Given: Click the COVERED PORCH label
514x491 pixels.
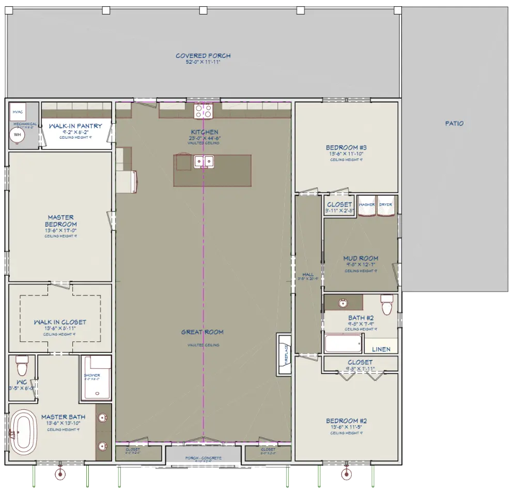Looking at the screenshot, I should [203, 56].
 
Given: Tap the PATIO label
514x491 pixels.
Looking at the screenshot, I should [454, 124].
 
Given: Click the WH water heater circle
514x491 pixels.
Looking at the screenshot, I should [18, 135].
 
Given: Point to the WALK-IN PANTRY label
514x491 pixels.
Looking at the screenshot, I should [75, 126].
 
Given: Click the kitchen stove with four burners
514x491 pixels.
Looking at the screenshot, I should [204, 111].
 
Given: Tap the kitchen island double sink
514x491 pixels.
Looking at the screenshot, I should [204, 162].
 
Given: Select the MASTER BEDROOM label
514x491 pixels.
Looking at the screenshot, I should [60, 221].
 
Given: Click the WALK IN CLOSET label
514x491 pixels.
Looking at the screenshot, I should [60, 322].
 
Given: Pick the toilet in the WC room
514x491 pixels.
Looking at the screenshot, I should [22, 366].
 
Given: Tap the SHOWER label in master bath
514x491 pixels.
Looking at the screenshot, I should [92, 375].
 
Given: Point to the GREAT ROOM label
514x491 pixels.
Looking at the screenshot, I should [202, 332].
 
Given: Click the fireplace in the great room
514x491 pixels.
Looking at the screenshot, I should [285, 349].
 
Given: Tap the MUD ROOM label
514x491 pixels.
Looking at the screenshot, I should [361, 258].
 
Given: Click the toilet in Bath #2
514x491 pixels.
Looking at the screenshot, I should [387, 305].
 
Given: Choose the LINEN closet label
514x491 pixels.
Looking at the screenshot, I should [381, 349].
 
